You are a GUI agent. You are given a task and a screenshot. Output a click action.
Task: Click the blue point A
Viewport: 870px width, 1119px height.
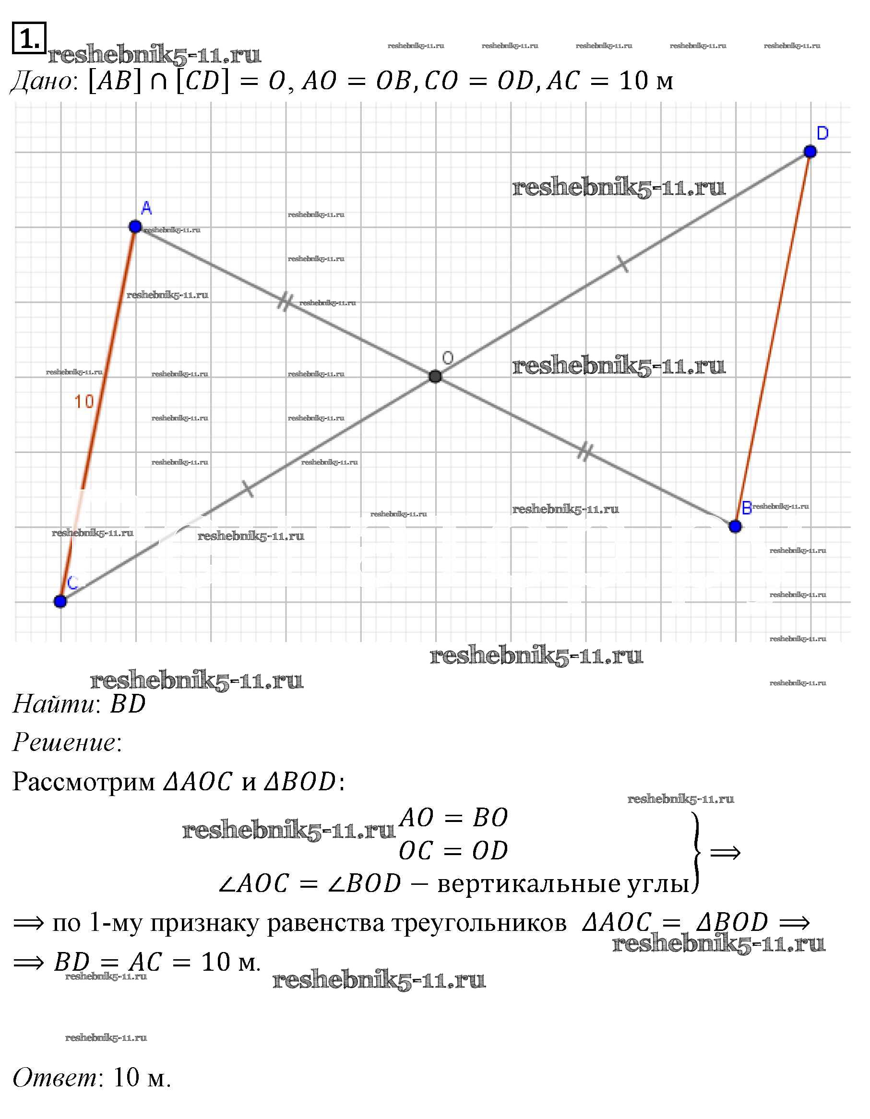135,226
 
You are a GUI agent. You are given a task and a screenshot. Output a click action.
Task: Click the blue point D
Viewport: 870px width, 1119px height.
810,151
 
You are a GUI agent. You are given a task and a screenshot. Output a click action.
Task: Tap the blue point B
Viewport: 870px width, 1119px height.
735,526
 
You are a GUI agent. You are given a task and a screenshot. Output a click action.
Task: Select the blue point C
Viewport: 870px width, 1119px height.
60,601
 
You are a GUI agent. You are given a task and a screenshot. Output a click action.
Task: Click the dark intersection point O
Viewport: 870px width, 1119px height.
435,377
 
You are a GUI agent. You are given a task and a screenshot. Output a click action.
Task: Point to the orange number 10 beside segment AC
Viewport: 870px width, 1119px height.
84,401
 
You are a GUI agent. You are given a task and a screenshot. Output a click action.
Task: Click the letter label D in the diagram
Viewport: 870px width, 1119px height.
822,133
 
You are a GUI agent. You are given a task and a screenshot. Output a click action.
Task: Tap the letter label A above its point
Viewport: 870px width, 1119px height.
146,208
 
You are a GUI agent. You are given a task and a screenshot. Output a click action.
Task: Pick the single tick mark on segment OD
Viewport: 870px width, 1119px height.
622,264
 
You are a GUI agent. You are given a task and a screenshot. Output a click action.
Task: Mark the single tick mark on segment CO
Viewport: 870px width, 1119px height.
248,489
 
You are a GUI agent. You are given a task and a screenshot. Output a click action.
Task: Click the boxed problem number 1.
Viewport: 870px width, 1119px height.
29,38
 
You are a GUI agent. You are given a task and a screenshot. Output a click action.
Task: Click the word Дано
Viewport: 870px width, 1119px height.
43,82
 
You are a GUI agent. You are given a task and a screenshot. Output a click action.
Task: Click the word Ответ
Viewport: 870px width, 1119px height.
55,1078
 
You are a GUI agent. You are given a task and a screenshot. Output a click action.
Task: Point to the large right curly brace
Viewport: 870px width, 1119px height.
696,853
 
